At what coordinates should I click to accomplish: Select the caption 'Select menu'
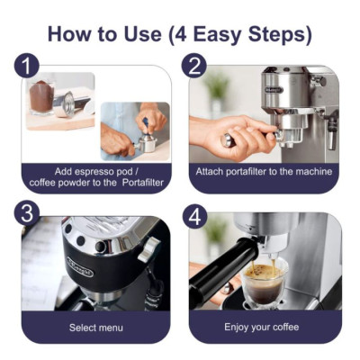96,327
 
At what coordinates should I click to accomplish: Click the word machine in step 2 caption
311,171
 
